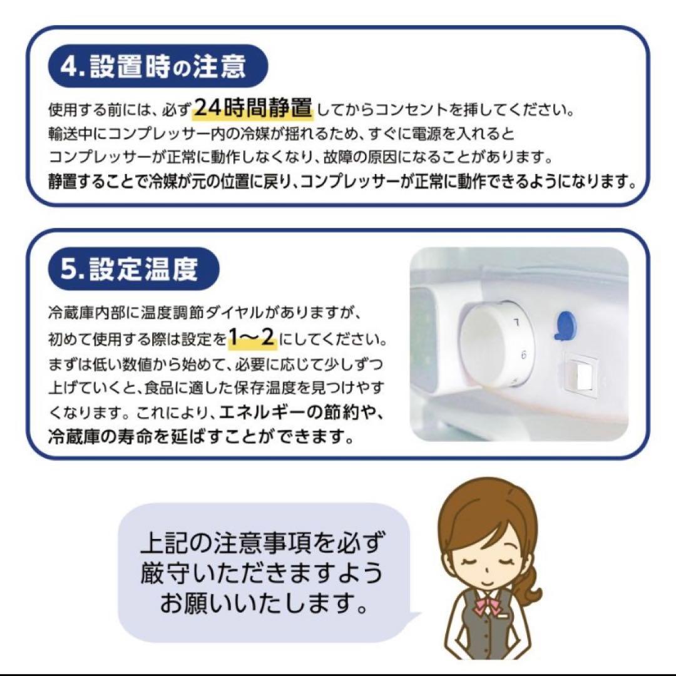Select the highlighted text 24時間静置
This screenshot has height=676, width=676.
[252, 109]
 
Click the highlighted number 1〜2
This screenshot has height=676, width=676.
[252, 340]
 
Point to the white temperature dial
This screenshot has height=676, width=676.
[494, 345]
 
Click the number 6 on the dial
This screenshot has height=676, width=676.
[523, 354]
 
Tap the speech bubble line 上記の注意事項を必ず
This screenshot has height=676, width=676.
[262, 543]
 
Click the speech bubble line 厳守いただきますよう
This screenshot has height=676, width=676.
[262, 573]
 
